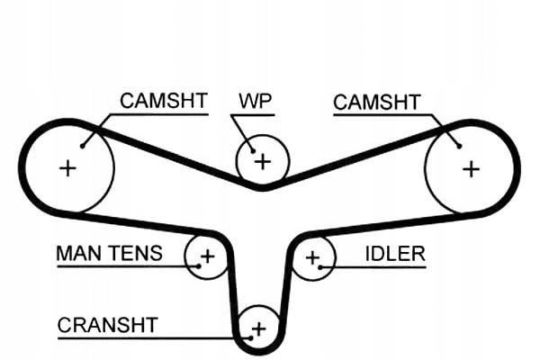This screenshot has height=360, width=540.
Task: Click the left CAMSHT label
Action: [x=163, y=101]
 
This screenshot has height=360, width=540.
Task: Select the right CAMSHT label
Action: [x=375, y=102]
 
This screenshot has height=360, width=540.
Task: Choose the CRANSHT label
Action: [x=107, y=324]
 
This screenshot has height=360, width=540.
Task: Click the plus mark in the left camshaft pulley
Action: [x=67, y=167]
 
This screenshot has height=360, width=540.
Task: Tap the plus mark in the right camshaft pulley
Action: [x=471, y=168]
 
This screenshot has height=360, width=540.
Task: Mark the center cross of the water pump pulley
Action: [x=262, y=162]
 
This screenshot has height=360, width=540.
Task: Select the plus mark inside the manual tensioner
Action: [x=207, y=257]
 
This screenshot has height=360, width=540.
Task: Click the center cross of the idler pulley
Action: [x=312, y=259]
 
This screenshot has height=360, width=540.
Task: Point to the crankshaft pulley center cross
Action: [x=259, y=328]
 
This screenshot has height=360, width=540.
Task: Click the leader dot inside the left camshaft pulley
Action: [x=83, y=144]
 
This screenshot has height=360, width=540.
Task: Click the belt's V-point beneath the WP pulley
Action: [x=262, y=189]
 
